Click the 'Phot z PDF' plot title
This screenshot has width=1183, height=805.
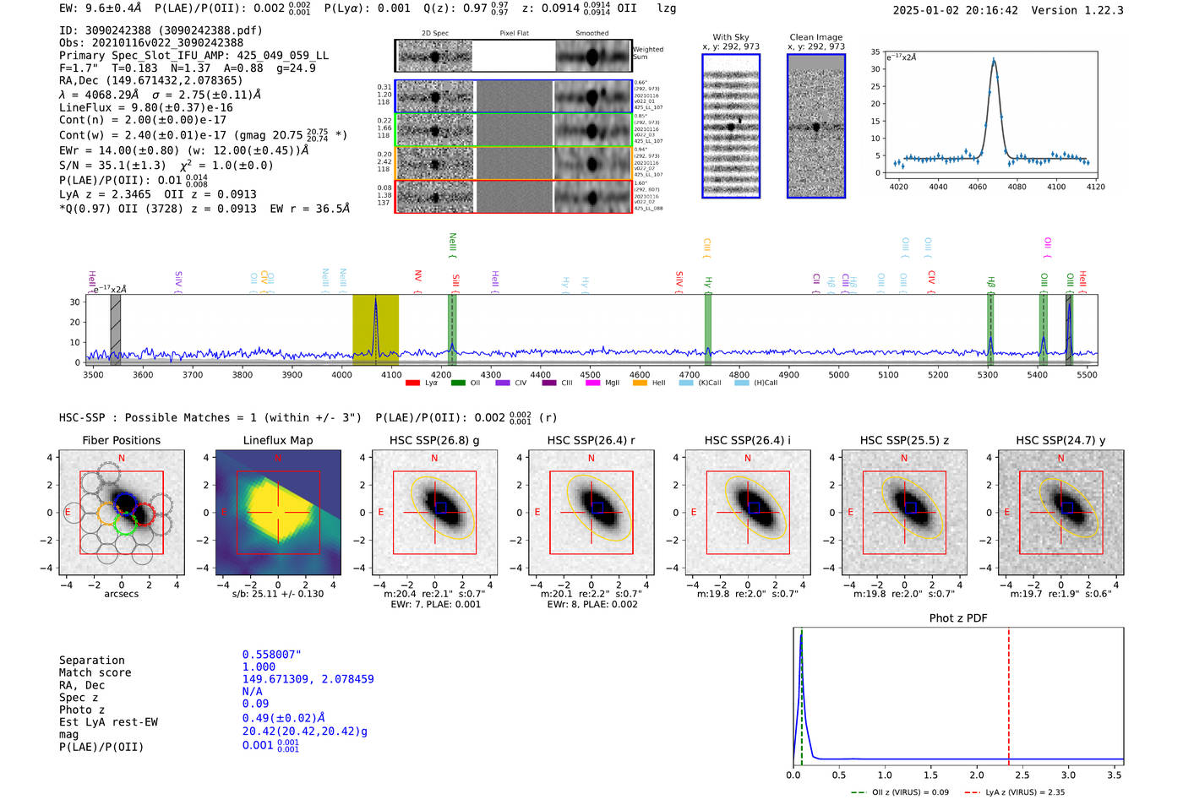pyautogui.click(x=958, y=618)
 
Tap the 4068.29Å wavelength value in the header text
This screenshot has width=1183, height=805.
pyautogui.click(x=113, y=95)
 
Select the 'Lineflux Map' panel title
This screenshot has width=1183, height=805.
pyautogui.click(x=277, y=440)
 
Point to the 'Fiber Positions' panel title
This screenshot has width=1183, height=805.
pyautogui.click(x=121, y=440)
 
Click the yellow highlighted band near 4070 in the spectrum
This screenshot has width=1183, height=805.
pyautogui.click(x=375, y=325)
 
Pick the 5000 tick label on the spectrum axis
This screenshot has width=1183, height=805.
pyautogui.click(x=838, y=375)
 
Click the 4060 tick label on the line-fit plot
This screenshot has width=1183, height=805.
pyautogui.click(x=978, y=187)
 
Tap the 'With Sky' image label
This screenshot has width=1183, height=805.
pyautogui.click(x=731, y=37)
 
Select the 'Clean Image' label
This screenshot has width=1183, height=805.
pyautogui.click(x=815, y=37)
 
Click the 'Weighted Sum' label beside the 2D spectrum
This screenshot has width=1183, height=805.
pyautogui.click(x=647, y=53)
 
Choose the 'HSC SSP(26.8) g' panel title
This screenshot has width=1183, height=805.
pyautogui.click(x=434, y=440)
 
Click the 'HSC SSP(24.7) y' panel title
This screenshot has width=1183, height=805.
pyautogui.click(x=1060, y=440)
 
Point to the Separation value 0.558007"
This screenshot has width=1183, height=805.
pyautogui.click(x=272, y=655)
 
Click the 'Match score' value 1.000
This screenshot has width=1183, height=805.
pyautogui.click(x=259, y=667)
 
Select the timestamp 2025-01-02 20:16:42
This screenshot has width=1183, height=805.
pyautogui.click(x=955, y=10)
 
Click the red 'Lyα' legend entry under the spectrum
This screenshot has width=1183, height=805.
pyautogui.click(x=422, y=383)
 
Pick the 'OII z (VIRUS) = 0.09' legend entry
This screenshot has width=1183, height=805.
pyautogui.click(x=900, y=792)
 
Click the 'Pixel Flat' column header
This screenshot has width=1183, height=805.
pyautogui.click(x=514, y=34)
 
